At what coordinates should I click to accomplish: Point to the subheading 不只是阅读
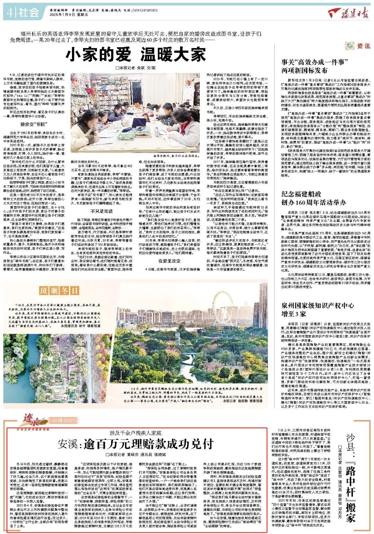tap(101, 211)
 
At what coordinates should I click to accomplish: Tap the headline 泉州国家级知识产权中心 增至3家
tap(318, 310)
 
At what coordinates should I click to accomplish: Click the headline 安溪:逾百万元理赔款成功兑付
tap(135, 444)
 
